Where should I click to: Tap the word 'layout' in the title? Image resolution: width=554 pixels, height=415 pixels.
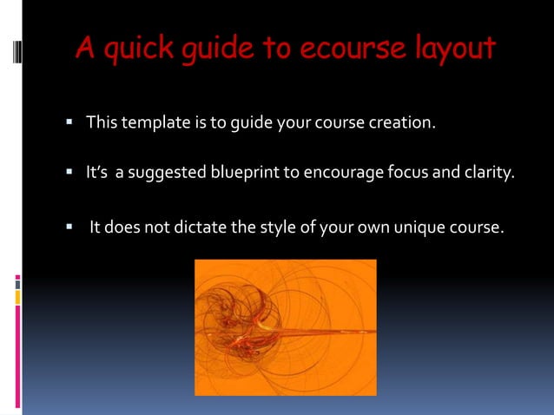tap(453, 49)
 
